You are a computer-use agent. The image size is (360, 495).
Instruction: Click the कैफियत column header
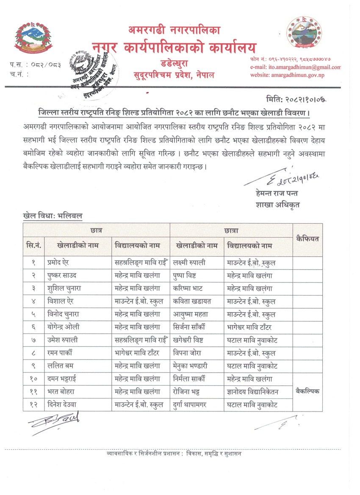click(x=307, y=239)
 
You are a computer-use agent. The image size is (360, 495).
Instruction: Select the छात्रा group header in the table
click(x=231, y=230)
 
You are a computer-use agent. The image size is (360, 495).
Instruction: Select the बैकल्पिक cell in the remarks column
click(x=307, y=392)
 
